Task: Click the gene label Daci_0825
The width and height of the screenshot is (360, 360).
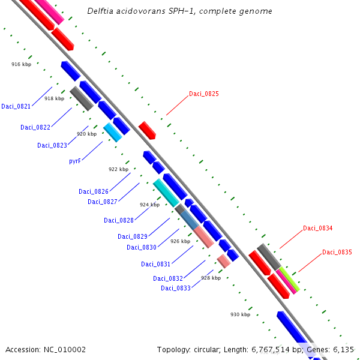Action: (203, 94)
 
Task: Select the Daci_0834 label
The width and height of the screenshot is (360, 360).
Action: (317, 228)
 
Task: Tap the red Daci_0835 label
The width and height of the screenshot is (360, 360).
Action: (337, 252)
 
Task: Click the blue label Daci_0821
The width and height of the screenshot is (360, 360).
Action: (16, 106)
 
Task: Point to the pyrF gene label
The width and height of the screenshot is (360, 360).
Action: (74, 161)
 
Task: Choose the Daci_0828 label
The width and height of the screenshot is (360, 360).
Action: (118, 220)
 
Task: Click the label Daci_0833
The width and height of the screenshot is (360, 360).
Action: (176, 288)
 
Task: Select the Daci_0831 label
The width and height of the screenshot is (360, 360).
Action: (155, 264)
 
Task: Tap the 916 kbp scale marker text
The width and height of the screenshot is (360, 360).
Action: (22, 64)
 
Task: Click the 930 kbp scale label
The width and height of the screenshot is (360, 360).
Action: (240, 314)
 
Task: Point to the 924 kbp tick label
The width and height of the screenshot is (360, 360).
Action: (150, 205)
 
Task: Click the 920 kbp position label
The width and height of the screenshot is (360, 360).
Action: (86, 134)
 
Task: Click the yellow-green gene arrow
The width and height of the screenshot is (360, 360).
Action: (289, 278)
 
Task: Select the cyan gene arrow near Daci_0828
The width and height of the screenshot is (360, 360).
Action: (169, 191)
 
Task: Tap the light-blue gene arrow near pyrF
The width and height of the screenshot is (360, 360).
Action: (113, 132)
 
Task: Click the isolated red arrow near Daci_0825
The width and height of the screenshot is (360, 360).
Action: (147, 130)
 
